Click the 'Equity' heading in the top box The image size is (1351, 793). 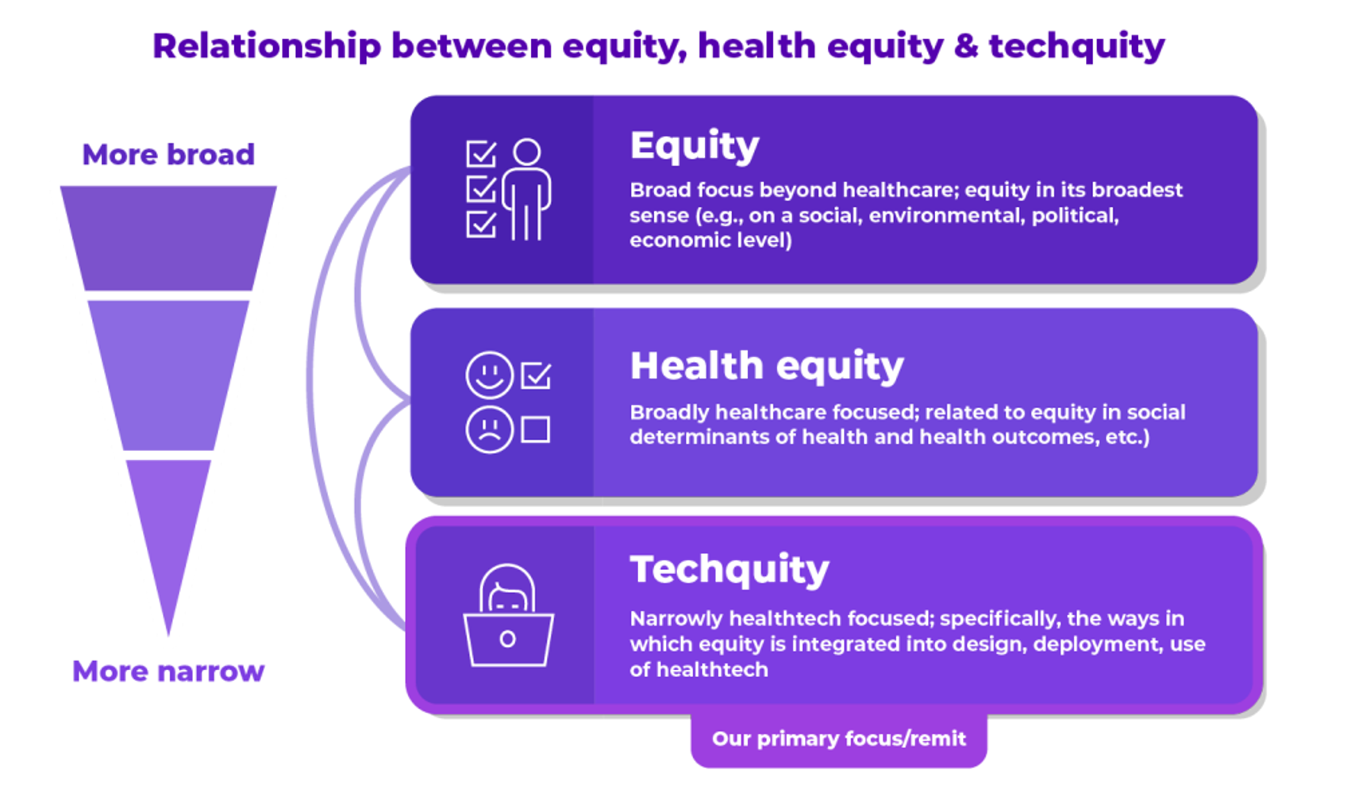click(695, 146)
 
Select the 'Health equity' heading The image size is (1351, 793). click(767, 366)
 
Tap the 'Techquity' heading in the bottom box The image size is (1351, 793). click(729, 569)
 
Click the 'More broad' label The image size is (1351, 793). click(168, 154)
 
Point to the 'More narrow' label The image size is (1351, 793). click(168, 672)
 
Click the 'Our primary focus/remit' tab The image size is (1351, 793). click(839, 739)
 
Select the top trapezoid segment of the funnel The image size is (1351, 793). click(168, 238)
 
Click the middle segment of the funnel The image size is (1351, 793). click(168, 375)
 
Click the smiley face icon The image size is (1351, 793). click(489, 375)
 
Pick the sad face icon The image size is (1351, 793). click(489, 430)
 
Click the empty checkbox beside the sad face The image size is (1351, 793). click(535, 430)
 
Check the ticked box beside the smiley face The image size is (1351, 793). click(536, 375)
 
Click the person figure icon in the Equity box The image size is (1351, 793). click(526, 190)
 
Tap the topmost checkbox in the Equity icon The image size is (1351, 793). click(481, 154)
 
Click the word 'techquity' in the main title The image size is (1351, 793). click(1076, 47)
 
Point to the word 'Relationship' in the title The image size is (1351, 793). click(268, 46)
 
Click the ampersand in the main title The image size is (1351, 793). click(966, 46)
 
